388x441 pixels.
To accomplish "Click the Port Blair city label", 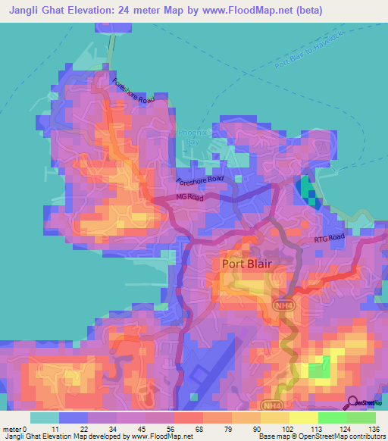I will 246,264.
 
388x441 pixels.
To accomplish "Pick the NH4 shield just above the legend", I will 272,406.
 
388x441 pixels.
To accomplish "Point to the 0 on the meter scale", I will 25,428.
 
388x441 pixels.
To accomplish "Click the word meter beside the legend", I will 12,428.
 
